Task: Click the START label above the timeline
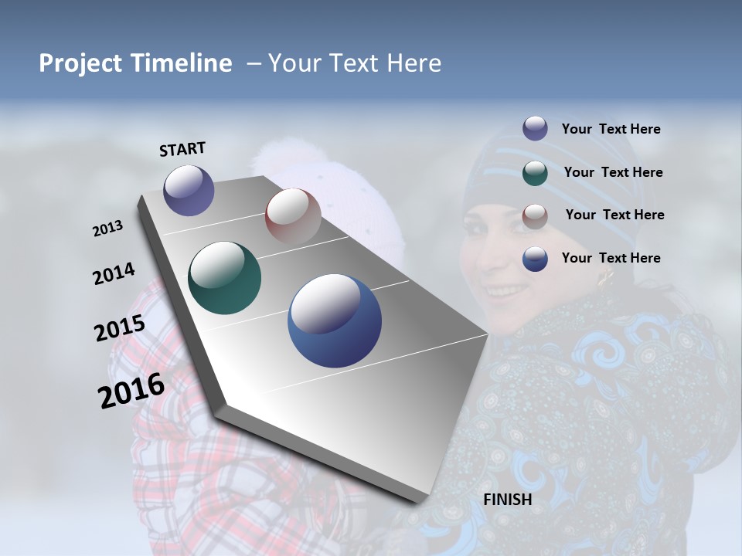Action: (182, 149)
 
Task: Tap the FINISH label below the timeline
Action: (507, 500)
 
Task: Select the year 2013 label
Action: (108, 229)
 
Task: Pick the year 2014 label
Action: (114, 274)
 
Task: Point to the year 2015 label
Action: (120, 328)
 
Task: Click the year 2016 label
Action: (131, 390)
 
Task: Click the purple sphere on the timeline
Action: (189, 190)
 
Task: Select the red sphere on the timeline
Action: (293, 216)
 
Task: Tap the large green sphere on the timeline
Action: (224, 278)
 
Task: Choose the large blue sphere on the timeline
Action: (334, 320)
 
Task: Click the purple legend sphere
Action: (535, 129)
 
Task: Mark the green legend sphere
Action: (535, 172)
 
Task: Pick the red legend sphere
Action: (535, 215)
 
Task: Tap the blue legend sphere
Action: (535, 259)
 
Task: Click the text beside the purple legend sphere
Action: (611, 129)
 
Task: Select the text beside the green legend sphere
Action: (613, 172)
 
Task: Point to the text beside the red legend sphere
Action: (614, 215)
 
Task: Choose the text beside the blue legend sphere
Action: (611, 258)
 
